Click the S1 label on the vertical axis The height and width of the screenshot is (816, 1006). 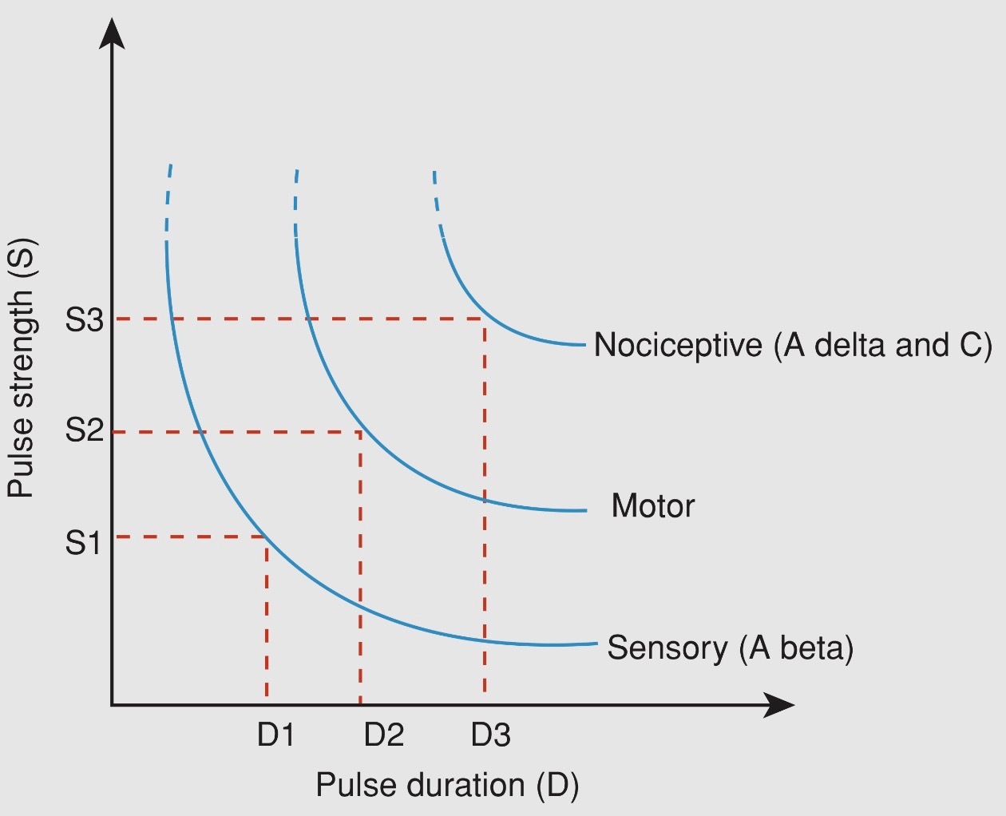click(x=83, y=543)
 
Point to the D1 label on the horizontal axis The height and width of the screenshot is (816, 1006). click(x=275, y=735)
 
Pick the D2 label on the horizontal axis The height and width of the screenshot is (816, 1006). click(x=383, y=735)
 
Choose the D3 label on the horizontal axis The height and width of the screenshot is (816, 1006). click(x=490, y=735)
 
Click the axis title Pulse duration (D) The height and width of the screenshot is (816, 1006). click(x=447, y=785)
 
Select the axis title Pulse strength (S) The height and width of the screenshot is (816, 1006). click(x=22, y=367)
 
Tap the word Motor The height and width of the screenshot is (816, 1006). click(x=652, y=505)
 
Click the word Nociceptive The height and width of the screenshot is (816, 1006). click(x=678, y=345)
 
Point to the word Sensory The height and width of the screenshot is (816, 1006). click(x=667, y=647)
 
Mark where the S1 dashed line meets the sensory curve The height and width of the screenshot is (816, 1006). click(x=266, y=537)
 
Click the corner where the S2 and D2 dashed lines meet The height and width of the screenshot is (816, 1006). click(x=360, y=432)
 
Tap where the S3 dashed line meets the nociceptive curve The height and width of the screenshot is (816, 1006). click(x=484, y=319)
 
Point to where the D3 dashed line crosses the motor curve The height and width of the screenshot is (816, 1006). click(x=485, y=500)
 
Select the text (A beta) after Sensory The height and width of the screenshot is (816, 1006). click(x=796, y=647)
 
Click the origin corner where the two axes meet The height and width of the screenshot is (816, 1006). click(x=113, y=705)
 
